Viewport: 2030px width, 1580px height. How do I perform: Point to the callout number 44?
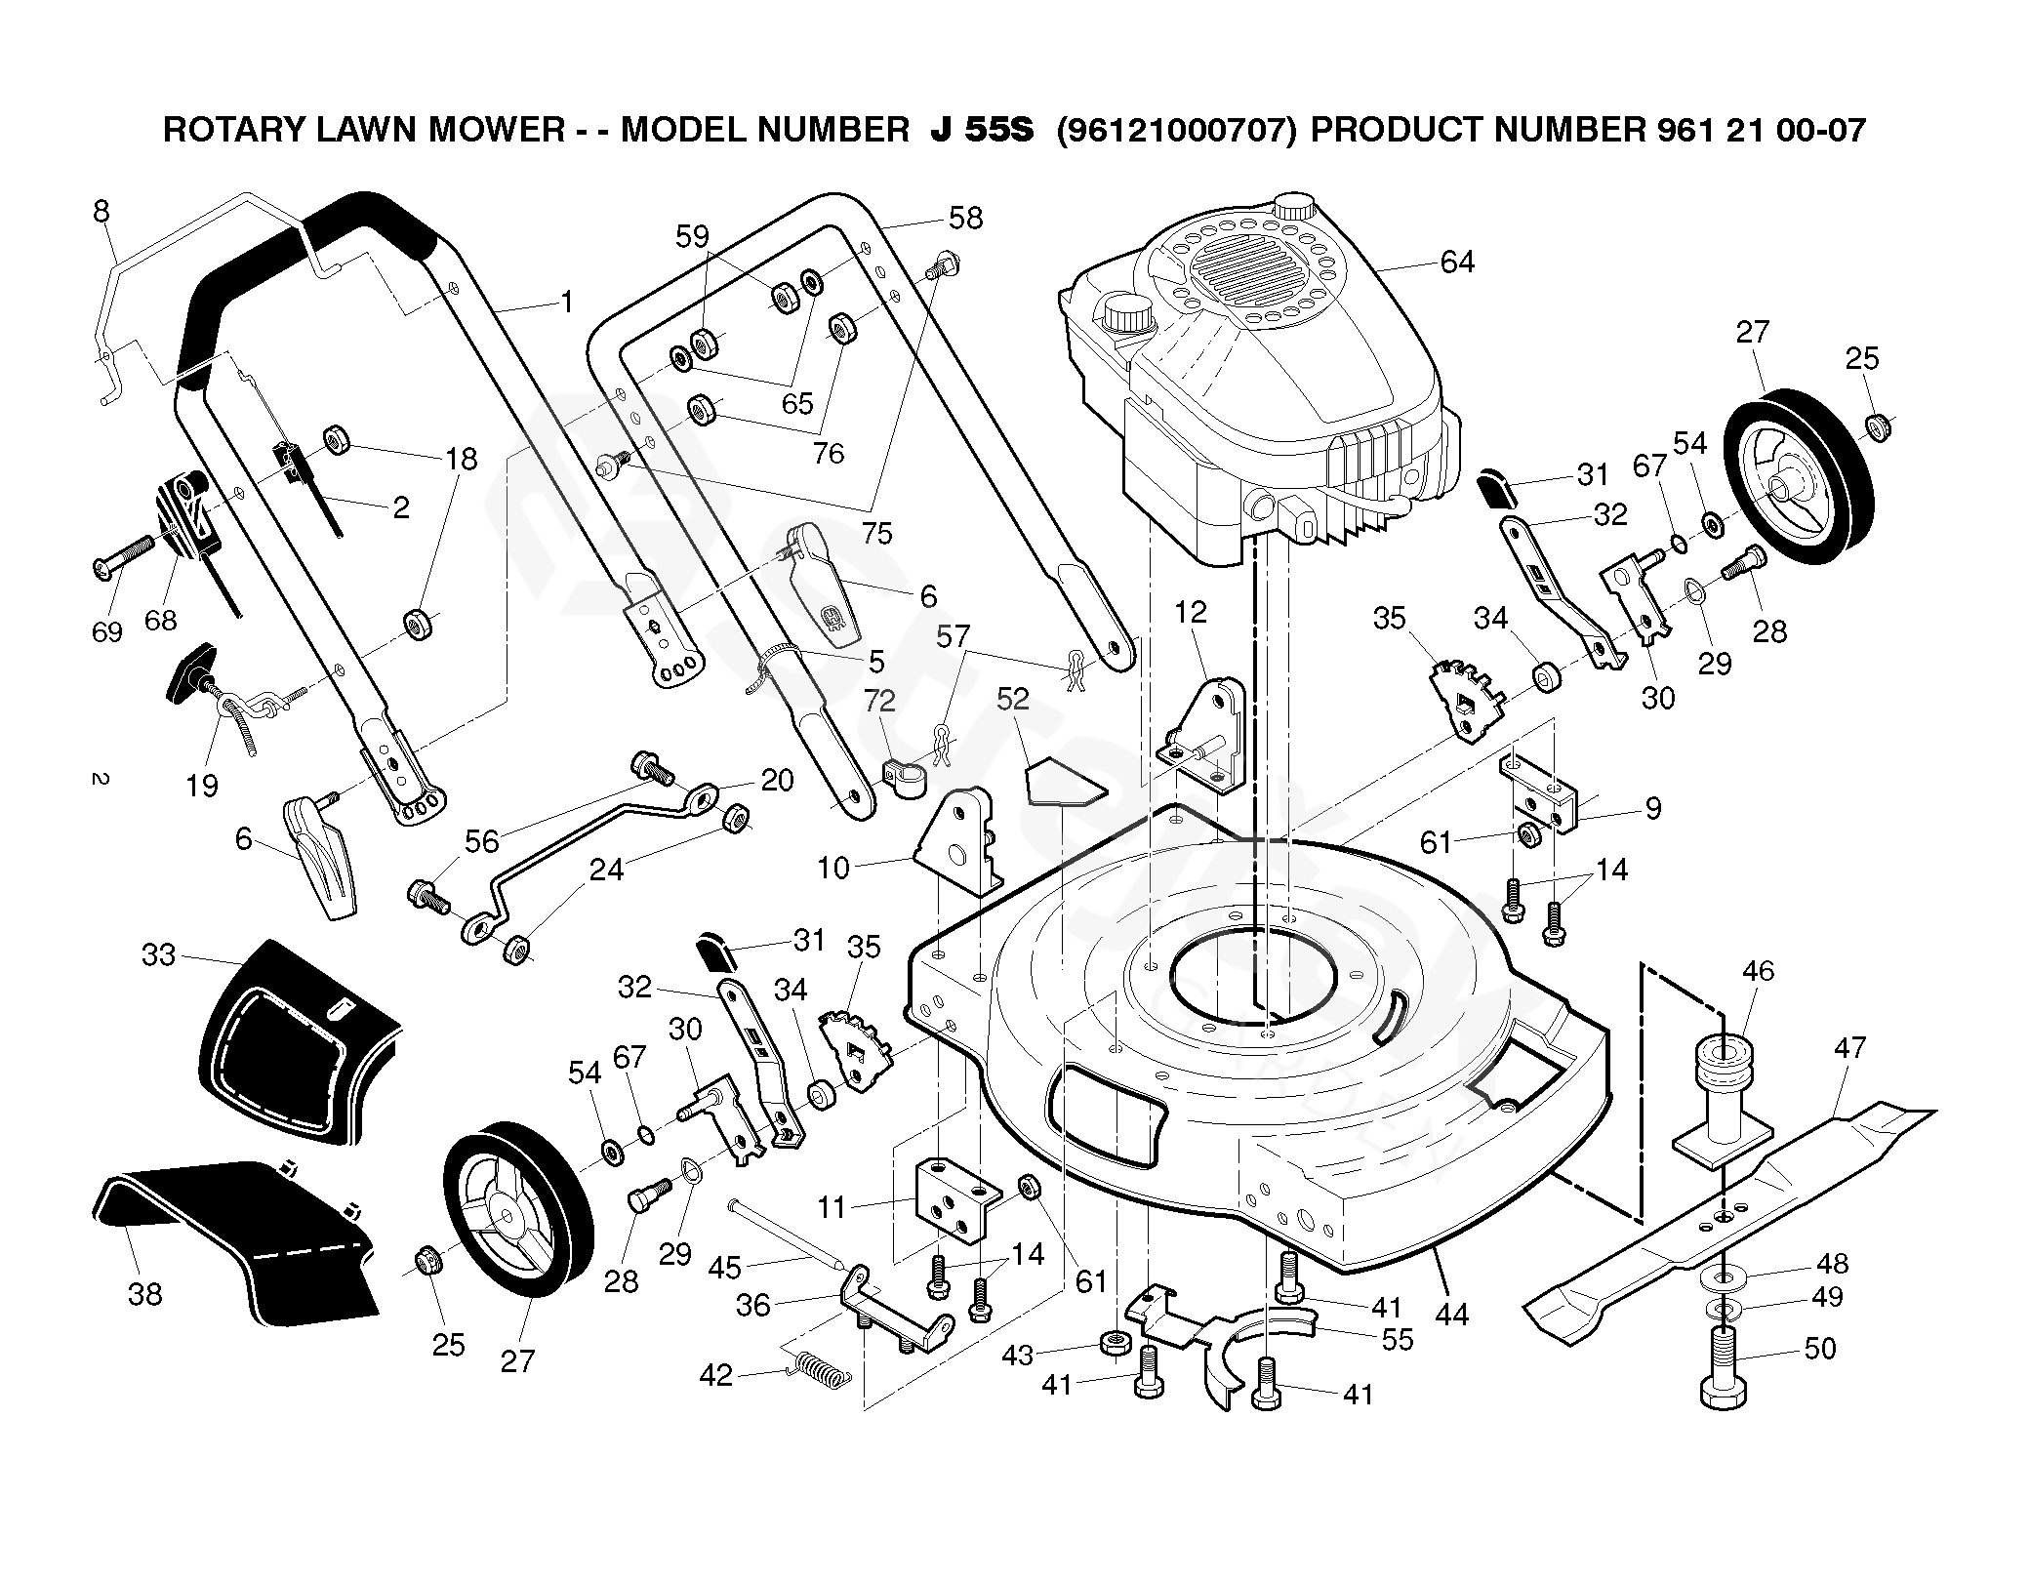point(1452,1315)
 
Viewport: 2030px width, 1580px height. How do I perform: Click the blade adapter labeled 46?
point(1723,1103)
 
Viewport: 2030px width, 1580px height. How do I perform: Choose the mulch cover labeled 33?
point(293,1044)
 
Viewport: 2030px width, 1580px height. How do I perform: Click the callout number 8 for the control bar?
point(101,212)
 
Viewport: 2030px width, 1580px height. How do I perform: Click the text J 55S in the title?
point(981,130)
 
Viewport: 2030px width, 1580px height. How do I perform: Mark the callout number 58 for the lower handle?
point(965,218)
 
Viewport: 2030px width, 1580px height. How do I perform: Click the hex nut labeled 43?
point(1113,1343)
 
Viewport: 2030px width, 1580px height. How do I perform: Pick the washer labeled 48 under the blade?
point(1728,1276)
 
